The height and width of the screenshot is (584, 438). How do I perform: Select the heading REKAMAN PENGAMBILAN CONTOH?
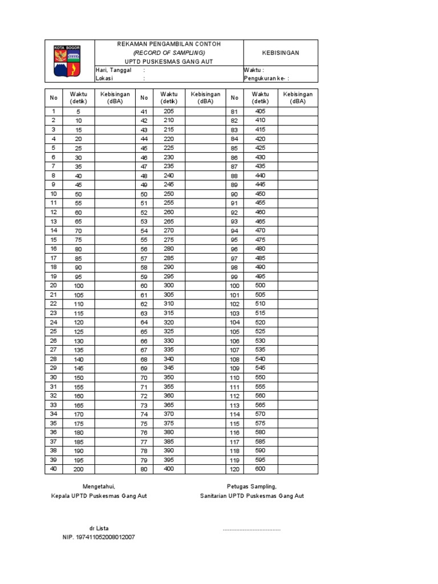168,44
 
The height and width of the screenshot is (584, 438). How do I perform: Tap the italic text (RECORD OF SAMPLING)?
168,52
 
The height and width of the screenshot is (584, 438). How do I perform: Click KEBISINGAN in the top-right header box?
281,52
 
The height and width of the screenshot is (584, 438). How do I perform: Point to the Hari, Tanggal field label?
113,70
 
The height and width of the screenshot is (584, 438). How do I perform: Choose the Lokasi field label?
104,79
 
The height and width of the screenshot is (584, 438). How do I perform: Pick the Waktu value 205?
168,111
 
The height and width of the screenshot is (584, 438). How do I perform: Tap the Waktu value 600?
261,469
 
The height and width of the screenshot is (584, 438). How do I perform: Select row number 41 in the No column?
144,112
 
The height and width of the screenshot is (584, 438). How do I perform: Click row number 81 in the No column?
234,112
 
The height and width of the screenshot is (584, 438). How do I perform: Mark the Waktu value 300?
168,285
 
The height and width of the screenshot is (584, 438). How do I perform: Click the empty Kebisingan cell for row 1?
115,111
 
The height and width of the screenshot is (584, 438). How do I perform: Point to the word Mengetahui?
99,486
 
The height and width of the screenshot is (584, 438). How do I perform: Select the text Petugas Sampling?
252,486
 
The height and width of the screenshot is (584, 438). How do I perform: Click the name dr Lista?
99,529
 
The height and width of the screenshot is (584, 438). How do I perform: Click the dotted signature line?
252,530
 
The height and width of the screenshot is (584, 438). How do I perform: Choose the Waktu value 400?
168,469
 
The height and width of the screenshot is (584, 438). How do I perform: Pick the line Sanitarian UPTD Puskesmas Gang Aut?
252,496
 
